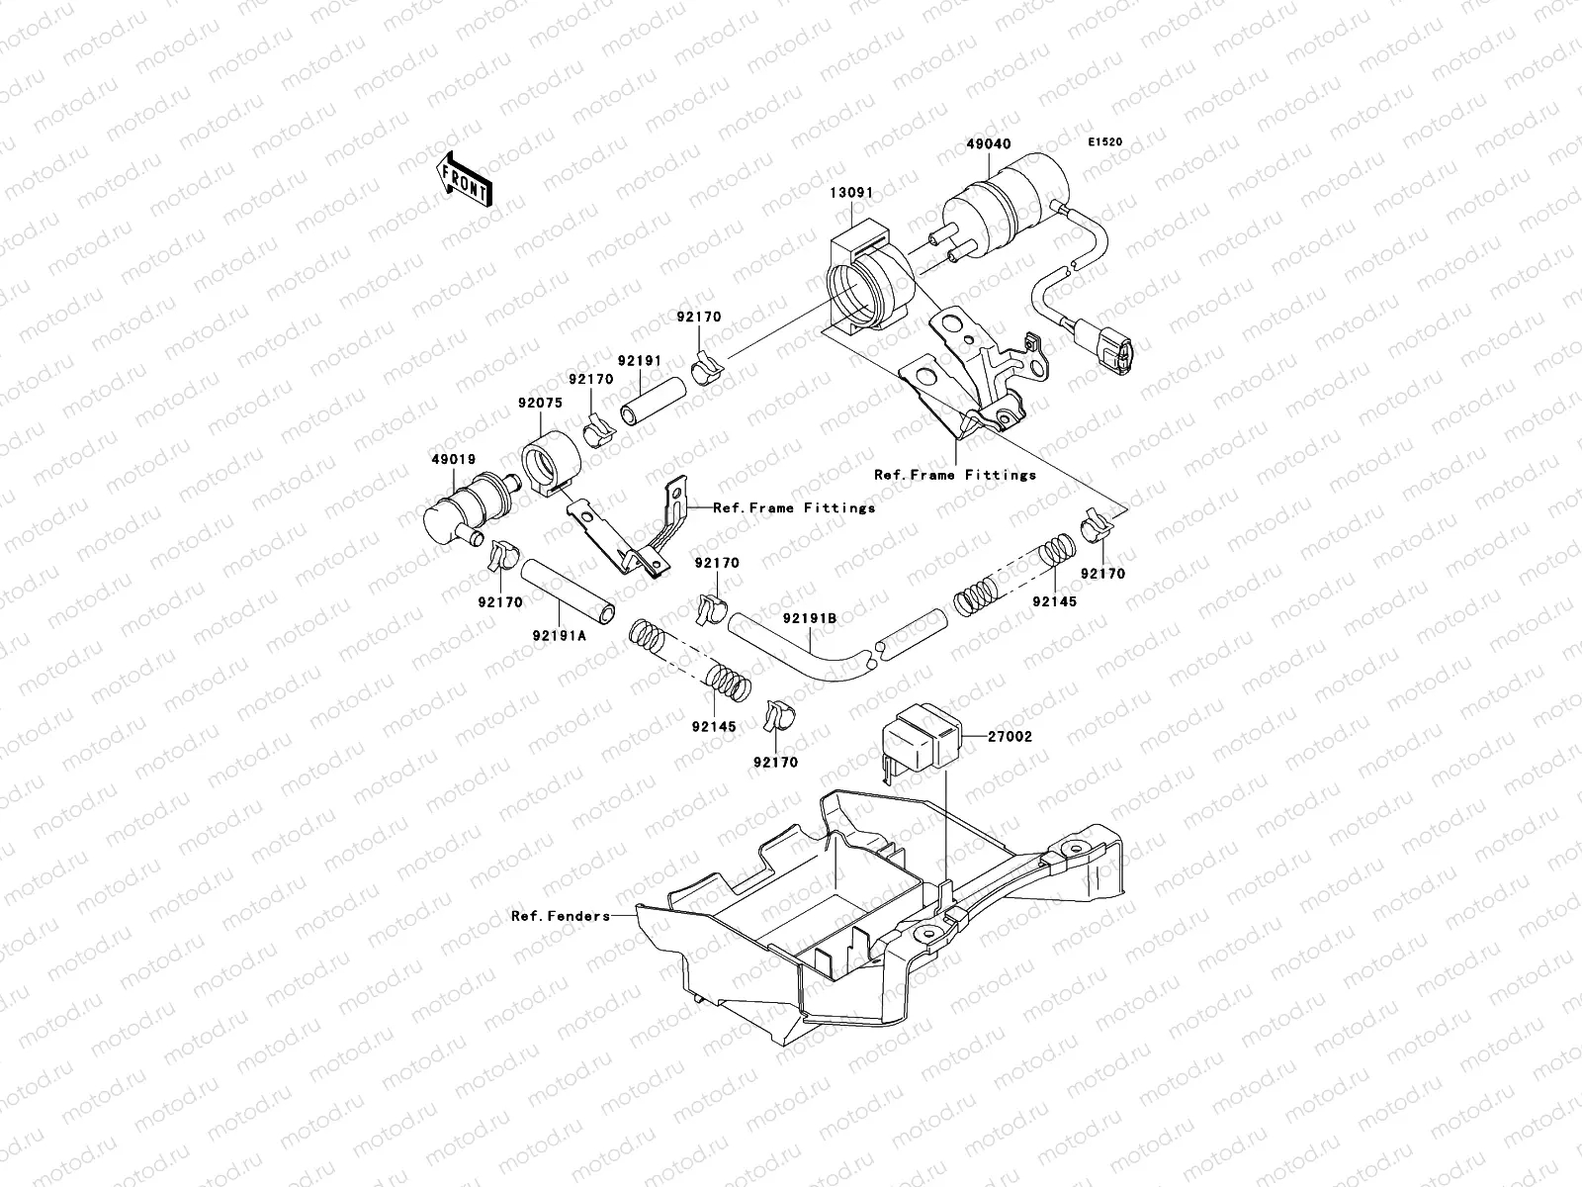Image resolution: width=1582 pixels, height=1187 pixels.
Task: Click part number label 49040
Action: [x=988, y=144]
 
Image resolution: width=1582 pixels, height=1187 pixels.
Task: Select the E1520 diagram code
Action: [x=1106, y=142]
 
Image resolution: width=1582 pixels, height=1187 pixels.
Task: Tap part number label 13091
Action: [x=850, y=193]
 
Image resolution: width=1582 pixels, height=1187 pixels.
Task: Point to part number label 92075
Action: [x=539, y=404]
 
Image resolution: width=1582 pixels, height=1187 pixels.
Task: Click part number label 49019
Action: [x=452, y=459]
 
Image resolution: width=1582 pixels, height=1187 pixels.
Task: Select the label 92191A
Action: [x=561, y=636]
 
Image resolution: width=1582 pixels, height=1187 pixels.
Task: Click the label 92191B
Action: [x=811, y=618]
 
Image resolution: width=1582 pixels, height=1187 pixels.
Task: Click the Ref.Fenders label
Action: [x=561, y=916]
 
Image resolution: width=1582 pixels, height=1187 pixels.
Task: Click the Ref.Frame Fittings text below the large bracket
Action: [x=955, y=475]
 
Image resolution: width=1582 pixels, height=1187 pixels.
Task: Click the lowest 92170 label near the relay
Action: [x=775, y=763]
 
